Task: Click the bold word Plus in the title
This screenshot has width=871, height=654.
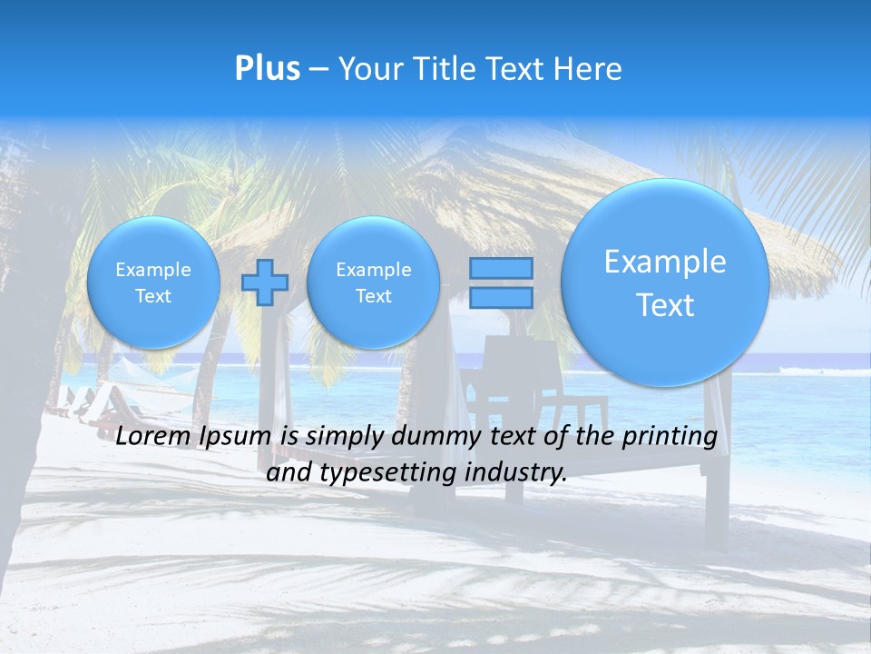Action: coord(267,68)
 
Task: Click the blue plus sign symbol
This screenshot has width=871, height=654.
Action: coord(265,282)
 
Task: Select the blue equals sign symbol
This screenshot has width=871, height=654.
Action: coord(501,282)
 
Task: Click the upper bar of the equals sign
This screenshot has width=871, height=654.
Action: coord(501,269)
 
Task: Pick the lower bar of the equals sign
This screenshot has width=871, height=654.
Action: coord(501,297)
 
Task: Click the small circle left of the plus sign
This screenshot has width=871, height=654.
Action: coord(153,282)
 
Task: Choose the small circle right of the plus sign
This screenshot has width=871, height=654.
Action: coord(373,282)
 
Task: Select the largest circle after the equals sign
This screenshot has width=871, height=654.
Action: coord(665,282)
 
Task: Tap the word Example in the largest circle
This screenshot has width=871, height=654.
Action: coord(665,262)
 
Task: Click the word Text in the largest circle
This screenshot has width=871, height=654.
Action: coord(665,305)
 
